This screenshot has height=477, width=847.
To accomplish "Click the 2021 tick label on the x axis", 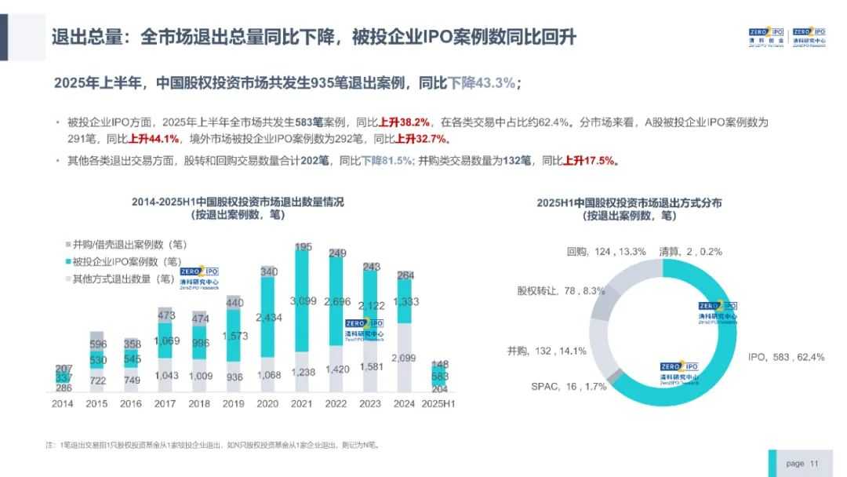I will (x=303, y=403).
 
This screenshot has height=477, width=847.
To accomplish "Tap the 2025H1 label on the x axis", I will (x=438, y=403).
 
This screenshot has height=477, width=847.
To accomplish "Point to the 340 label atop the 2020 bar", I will (x=269, y=271).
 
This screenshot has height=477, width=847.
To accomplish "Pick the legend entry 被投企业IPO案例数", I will (x=125, y=261).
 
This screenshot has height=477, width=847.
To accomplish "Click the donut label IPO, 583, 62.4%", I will (x=785, y=357).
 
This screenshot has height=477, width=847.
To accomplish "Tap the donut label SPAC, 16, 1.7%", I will (x=558, y=386).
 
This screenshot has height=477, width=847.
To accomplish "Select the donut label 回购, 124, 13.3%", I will (x=605, y=252).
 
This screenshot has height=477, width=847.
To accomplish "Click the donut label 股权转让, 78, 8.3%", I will (x=561, y=290).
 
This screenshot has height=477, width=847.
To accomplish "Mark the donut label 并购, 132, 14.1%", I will (x=547, y=351).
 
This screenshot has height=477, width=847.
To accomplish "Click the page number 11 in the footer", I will (x=814, y=464).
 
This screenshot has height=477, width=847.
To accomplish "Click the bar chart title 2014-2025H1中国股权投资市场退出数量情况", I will (x=238, y=202).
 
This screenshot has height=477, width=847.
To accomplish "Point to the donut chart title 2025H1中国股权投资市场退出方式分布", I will (x=629, y=202).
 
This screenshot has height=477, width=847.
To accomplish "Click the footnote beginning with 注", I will (x=213, y=445).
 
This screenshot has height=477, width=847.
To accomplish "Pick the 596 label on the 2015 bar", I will (x=98, y=344).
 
